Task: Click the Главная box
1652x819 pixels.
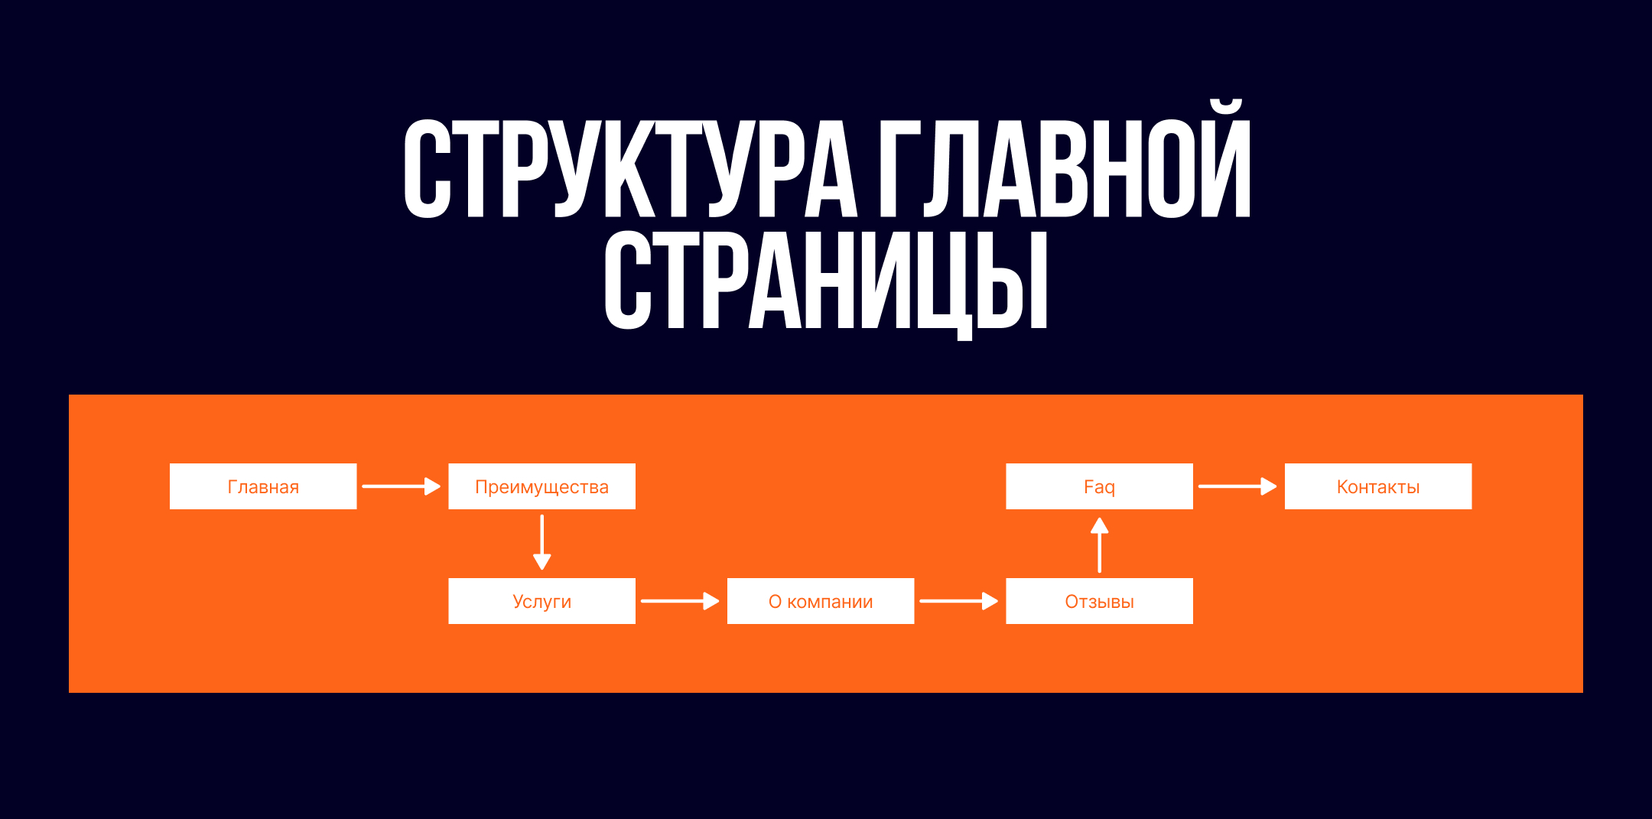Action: coord(263,486)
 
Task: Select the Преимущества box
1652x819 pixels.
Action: coord(541,486)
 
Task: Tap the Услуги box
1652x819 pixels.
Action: coord(541,601)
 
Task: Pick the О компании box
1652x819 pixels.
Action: coord(821,601)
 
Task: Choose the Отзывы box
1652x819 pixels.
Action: coord(1099,601)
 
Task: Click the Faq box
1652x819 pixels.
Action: coord(1099,486)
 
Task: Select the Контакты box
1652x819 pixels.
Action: coord(1378,486)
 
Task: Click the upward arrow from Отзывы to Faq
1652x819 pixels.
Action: coord(1099,544)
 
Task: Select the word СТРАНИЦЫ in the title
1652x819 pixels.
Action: coord(826,281)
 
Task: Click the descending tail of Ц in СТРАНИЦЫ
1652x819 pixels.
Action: coord(964,333)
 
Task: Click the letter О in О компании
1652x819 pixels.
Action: coord(775,602)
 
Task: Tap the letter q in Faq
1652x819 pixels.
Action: coord(1110,489)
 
